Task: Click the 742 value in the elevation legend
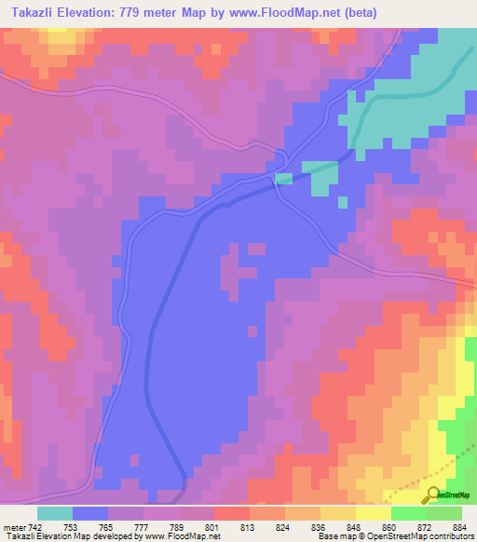tap(35, 527)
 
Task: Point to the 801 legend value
tap(213, 527)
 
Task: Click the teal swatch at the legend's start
tap(55, 513)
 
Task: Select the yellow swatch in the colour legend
tap(373, 513)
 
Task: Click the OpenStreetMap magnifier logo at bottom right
tap(434, 495)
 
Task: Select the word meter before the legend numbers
tap(13, 527)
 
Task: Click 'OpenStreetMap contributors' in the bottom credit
tap(425, 536)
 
